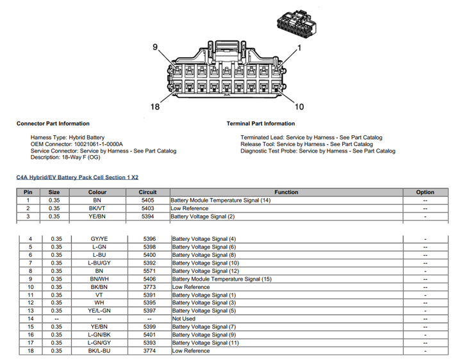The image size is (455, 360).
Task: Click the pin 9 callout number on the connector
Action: click(154, 47)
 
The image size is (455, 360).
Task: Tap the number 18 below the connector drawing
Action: click(154, 106)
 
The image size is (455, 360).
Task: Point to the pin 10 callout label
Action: click(299, 106)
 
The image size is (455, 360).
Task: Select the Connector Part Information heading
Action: click(53, 124)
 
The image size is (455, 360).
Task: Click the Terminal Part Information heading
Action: click(261, 124)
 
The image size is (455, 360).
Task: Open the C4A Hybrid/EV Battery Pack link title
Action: click(78, 176)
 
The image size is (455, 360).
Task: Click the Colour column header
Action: click(97, 192)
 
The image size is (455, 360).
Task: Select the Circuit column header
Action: click(147, 192)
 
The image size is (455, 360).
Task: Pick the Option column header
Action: click(424, 192)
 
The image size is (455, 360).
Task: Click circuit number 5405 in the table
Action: click(147, 200)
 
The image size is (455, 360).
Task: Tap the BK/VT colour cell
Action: click(97, 208)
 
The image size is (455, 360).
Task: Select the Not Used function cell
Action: click(184, 318)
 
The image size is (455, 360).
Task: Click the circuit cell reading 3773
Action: click(149, 287)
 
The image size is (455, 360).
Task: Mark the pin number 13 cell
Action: click(30, 311)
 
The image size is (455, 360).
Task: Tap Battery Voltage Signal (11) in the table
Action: click(205, 343)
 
